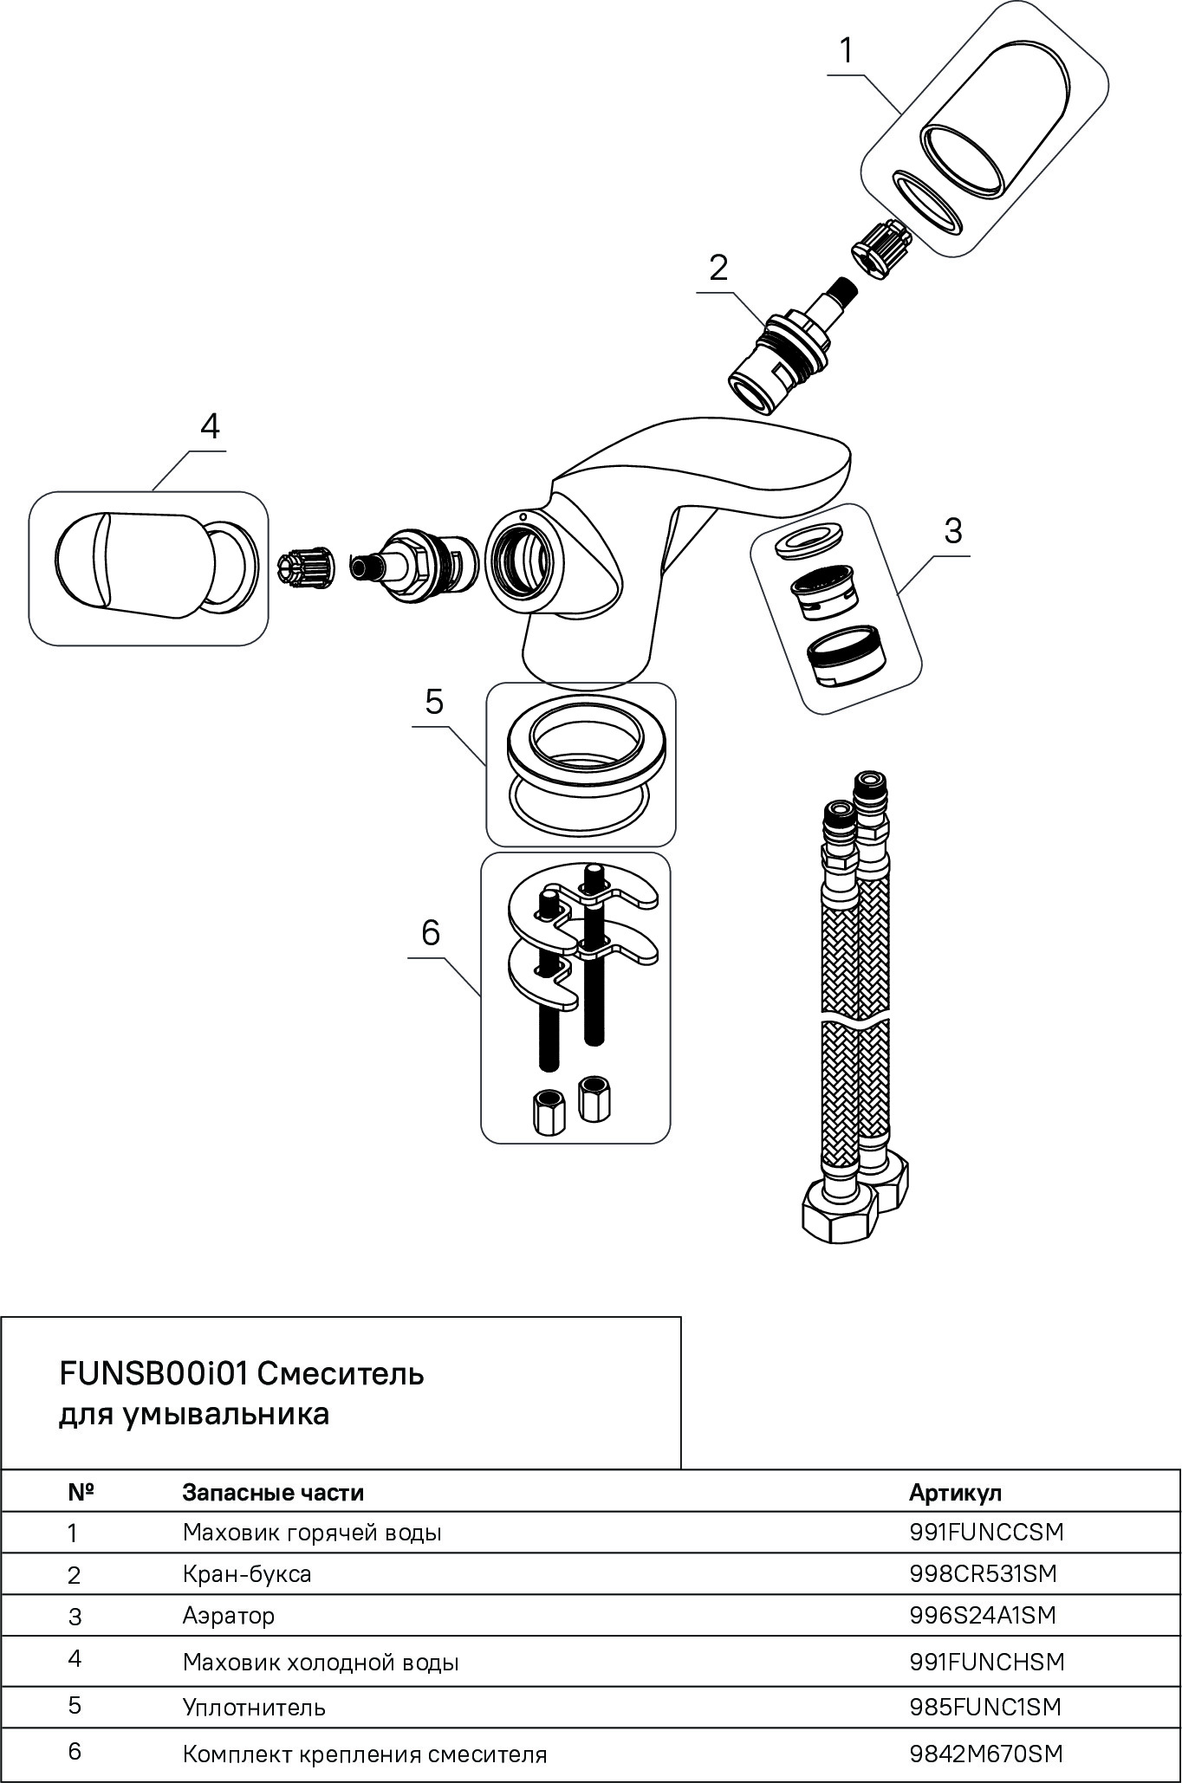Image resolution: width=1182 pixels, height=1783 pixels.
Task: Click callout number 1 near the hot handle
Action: (846, 51)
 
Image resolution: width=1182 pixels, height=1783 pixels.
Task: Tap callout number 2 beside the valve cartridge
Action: (718, 269)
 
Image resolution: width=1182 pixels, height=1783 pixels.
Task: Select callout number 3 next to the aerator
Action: (952, 530)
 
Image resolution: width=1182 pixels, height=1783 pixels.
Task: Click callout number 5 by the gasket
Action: (434, 702)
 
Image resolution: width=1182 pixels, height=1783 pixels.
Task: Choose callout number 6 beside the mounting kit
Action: (431, 933)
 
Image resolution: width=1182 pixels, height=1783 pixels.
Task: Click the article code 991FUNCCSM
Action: (986, 1533)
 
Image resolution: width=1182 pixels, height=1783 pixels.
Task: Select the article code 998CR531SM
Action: (984, 1573)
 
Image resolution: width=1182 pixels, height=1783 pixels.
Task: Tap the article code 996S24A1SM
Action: (984, 1616)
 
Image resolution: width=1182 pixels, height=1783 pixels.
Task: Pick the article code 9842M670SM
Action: (986, 1754)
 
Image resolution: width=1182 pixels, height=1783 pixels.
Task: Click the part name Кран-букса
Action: (247, 1573)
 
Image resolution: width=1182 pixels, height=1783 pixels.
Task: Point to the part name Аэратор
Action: (229, 1616)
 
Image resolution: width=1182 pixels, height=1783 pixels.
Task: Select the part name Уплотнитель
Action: (254, 1708)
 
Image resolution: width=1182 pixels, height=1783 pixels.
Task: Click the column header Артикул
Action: (955, 1493)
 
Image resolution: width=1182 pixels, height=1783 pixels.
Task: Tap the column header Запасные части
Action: (273, 1493)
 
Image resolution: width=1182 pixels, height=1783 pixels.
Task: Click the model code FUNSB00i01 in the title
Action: (154, 1374)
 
